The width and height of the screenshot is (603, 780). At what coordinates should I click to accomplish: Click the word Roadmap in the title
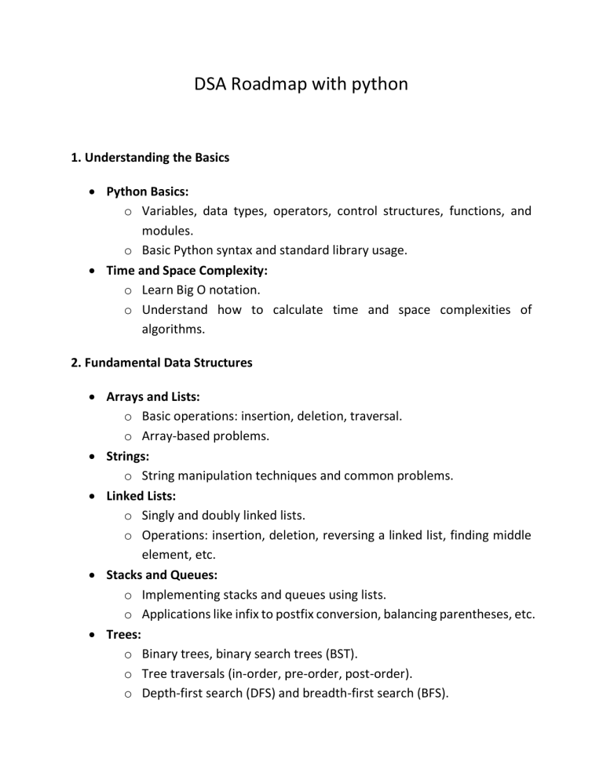(268, 84)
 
